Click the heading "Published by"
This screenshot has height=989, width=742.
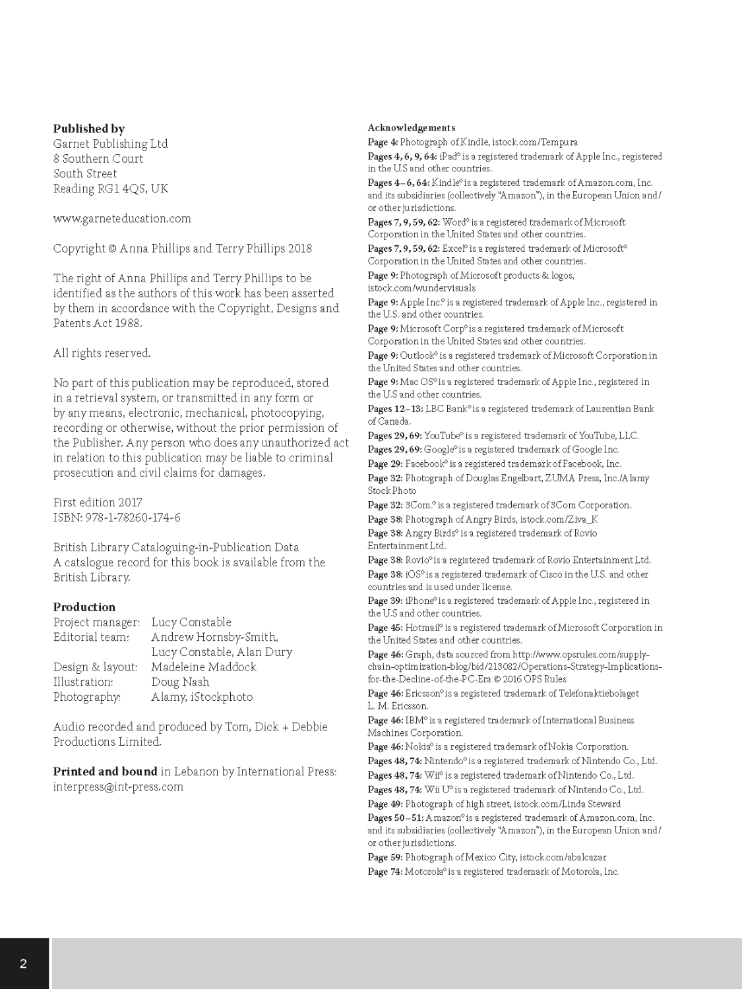pos(88,129)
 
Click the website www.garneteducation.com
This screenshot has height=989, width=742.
pos(122,218)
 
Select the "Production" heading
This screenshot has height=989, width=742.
pos(84,607)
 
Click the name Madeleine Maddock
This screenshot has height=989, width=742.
pos(204,667)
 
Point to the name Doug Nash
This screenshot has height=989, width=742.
pos(180,682)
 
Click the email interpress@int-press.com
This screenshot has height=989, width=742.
pos(118,787)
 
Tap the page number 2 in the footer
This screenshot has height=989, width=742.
pos(24,963)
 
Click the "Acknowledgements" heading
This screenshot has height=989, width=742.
pos(411,128)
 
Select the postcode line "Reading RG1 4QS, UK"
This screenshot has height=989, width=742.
pos(111,189)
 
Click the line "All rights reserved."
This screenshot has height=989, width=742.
pos(102,353)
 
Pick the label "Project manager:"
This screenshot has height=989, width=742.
pos(96,622)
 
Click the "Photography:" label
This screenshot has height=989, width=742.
pos(87,697)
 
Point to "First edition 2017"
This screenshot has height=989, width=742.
pos(98,502)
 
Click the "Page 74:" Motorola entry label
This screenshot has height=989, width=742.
pos(386,872)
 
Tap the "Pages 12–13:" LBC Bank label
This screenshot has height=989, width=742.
pos(395,409)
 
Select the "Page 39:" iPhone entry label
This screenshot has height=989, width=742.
pos(386,601)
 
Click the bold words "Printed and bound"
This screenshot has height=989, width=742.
pos(105,771)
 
